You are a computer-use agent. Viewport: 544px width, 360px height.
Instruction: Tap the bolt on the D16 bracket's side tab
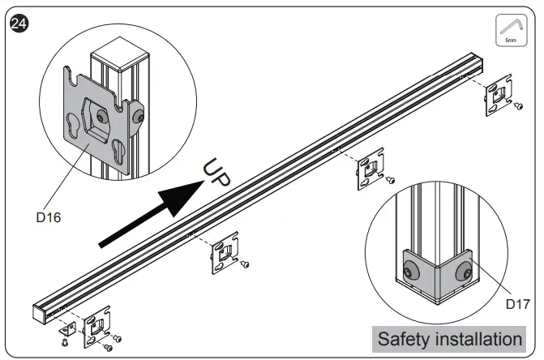pos(141,118)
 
